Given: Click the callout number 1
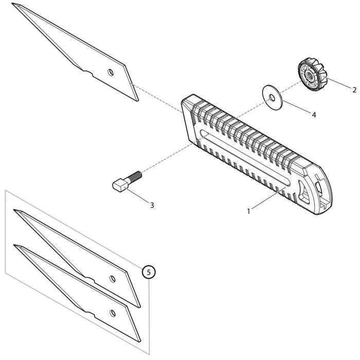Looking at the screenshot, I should click(x=248, y=211).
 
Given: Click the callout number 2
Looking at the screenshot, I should click(x=354, y=89).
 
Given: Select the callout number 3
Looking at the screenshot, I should click(x=152, y=205).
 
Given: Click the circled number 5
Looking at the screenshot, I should click(x=148, y=272).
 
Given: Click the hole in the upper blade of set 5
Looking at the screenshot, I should click(x=113, y=278).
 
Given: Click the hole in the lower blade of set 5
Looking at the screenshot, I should click(x=113, y=313).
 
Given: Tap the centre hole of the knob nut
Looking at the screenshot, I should click(x=311, y=76).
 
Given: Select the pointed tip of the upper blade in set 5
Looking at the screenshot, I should click(x=15, y=210).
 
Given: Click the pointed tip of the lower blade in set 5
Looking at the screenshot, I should click(x=15, y=246).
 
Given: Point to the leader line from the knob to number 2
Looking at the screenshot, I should click(x=337, y=83).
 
